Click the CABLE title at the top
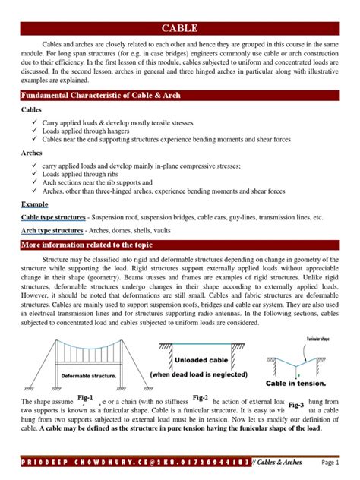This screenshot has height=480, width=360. [x=180, y=29]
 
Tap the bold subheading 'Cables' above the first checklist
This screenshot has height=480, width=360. [x=33, y=110]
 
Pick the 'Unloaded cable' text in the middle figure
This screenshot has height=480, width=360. [x=198, y=361]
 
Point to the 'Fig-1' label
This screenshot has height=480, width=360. [x=84, y=398]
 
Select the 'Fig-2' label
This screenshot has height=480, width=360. [x=200, y=398]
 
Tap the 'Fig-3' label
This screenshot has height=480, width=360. [x=297, y=405]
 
